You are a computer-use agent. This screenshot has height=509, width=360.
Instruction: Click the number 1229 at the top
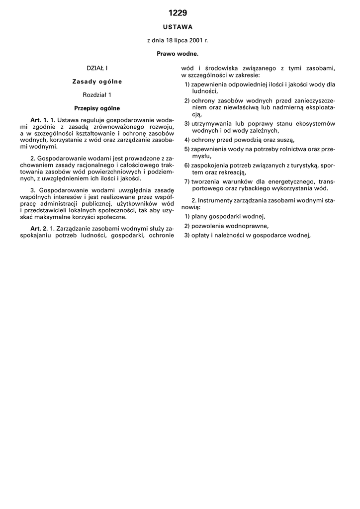(178, 13)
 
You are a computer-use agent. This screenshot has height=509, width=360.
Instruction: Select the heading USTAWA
(178, 27)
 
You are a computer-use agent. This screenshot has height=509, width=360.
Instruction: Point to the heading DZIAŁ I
(97, 68)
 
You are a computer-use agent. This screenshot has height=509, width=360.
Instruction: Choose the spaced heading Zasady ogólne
(97, 81)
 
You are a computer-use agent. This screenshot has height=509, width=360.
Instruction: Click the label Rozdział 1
(97, 94)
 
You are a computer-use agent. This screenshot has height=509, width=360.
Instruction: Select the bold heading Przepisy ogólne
(97, 108)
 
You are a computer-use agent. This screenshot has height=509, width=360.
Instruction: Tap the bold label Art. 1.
(39, 120)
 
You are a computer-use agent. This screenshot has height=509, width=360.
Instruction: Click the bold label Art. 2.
(39, 228)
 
